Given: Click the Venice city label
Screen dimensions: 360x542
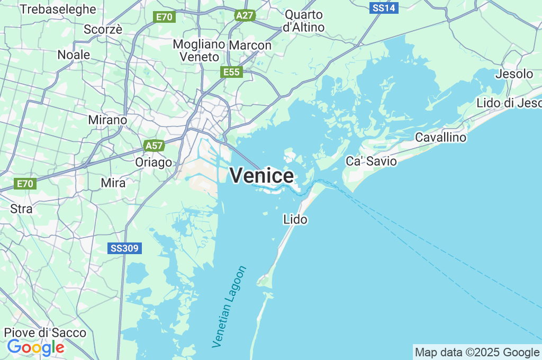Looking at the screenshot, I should coord(261,176).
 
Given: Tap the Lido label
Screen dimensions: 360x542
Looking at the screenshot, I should coord(295,219).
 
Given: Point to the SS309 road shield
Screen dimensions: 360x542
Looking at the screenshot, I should coord(125,248).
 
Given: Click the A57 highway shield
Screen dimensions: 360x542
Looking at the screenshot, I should coord(154,145).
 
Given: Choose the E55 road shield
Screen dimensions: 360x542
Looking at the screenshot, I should coord(231,72).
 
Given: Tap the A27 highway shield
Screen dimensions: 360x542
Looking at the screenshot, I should coord(244,15).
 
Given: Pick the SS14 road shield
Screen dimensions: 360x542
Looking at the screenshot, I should coord(384,8).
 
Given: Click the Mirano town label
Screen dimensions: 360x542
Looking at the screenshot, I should coord(107,120).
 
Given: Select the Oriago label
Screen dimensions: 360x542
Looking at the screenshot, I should coord(153,162).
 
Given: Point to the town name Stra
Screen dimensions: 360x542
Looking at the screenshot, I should coord(21,209).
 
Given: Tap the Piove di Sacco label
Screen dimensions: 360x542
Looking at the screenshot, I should coord(45,332).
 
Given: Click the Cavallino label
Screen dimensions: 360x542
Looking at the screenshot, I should coord(440,138).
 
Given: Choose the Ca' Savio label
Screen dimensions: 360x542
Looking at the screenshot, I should coord(371,161).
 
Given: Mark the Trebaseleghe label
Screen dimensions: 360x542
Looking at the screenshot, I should coord(58,9).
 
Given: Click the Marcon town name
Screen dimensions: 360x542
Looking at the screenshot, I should coord(250,46).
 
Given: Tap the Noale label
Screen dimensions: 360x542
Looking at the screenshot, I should coord(74,55).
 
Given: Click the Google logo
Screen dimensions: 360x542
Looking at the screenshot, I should coord(35,347).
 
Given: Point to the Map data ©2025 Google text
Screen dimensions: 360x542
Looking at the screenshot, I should coord(476,352).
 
